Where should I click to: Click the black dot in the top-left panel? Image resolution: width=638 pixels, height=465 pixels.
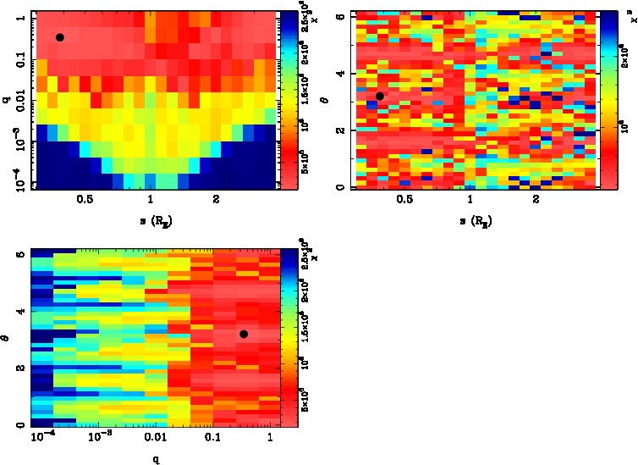(x=60, y=37)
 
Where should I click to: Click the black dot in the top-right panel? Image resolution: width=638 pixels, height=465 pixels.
(x=380, y=96)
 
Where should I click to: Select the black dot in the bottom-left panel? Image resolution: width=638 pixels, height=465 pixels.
(x=244, y=334)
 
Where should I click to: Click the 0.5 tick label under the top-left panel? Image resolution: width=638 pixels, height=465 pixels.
(x=85, y=199)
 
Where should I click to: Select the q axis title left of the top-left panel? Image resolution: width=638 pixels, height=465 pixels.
(x=6, y=101)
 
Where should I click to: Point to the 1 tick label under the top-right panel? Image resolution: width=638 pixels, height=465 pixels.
(x=470, y=199)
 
